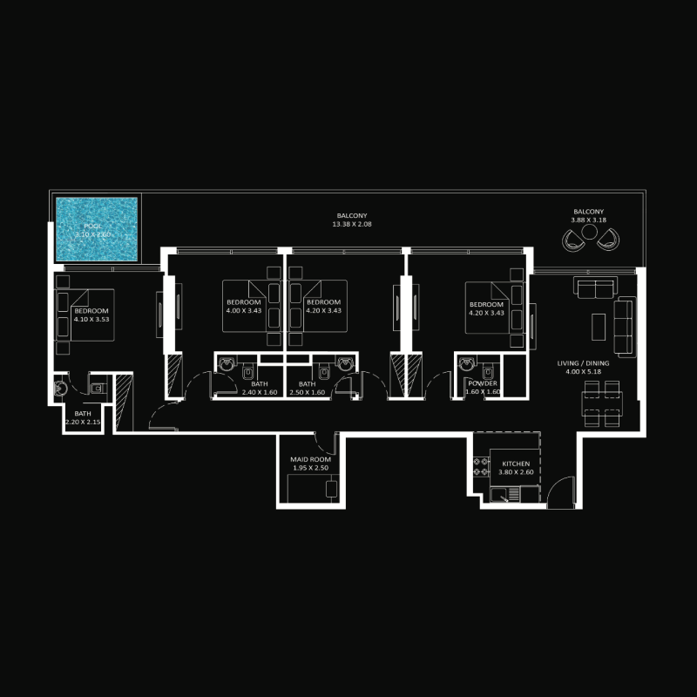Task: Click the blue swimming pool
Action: point(98,229)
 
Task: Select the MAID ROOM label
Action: point(311,458)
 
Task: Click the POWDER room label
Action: point(483,383)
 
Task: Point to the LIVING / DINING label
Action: point(585,364)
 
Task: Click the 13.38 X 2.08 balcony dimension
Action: point(352,225)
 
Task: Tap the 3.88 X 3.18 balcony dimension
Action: point(588,220)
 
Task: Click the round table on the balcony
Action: point(590,233)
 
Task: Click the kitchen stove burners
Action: point(478,466)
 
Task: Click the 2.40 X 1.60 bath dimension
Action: point(259,393)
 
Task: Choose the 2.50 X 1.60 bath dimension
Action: point(307,393)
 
